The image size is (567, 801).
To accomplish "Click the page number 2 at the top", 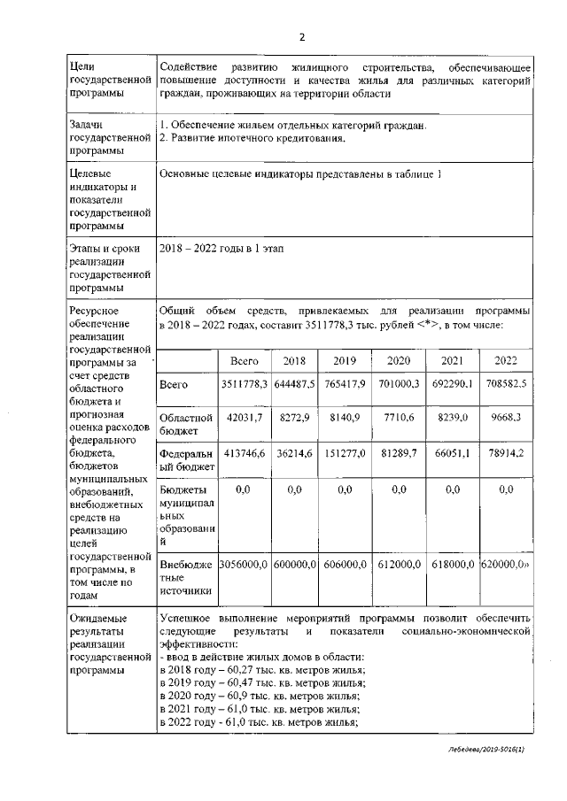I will [x=300, y=37].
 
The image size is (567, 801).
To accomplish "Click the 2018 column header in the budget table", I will [x=294, y=360].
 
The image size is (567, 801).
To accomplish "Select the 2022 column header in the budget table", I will [x=506, y=360].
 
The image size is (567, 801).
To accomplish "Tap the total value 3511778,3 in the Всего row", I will [x=244, y=384].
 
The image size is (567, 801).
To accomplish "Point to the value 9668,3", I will [x=506, y=415].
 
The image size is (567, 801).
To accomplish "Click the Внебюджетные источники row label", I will [x=186, y=577].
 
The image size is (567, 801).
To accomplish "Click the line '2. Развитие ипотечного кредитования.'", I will [x=251, y=138].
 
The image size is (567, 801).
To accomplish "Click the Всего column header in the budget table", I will [x=244, y=360].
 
